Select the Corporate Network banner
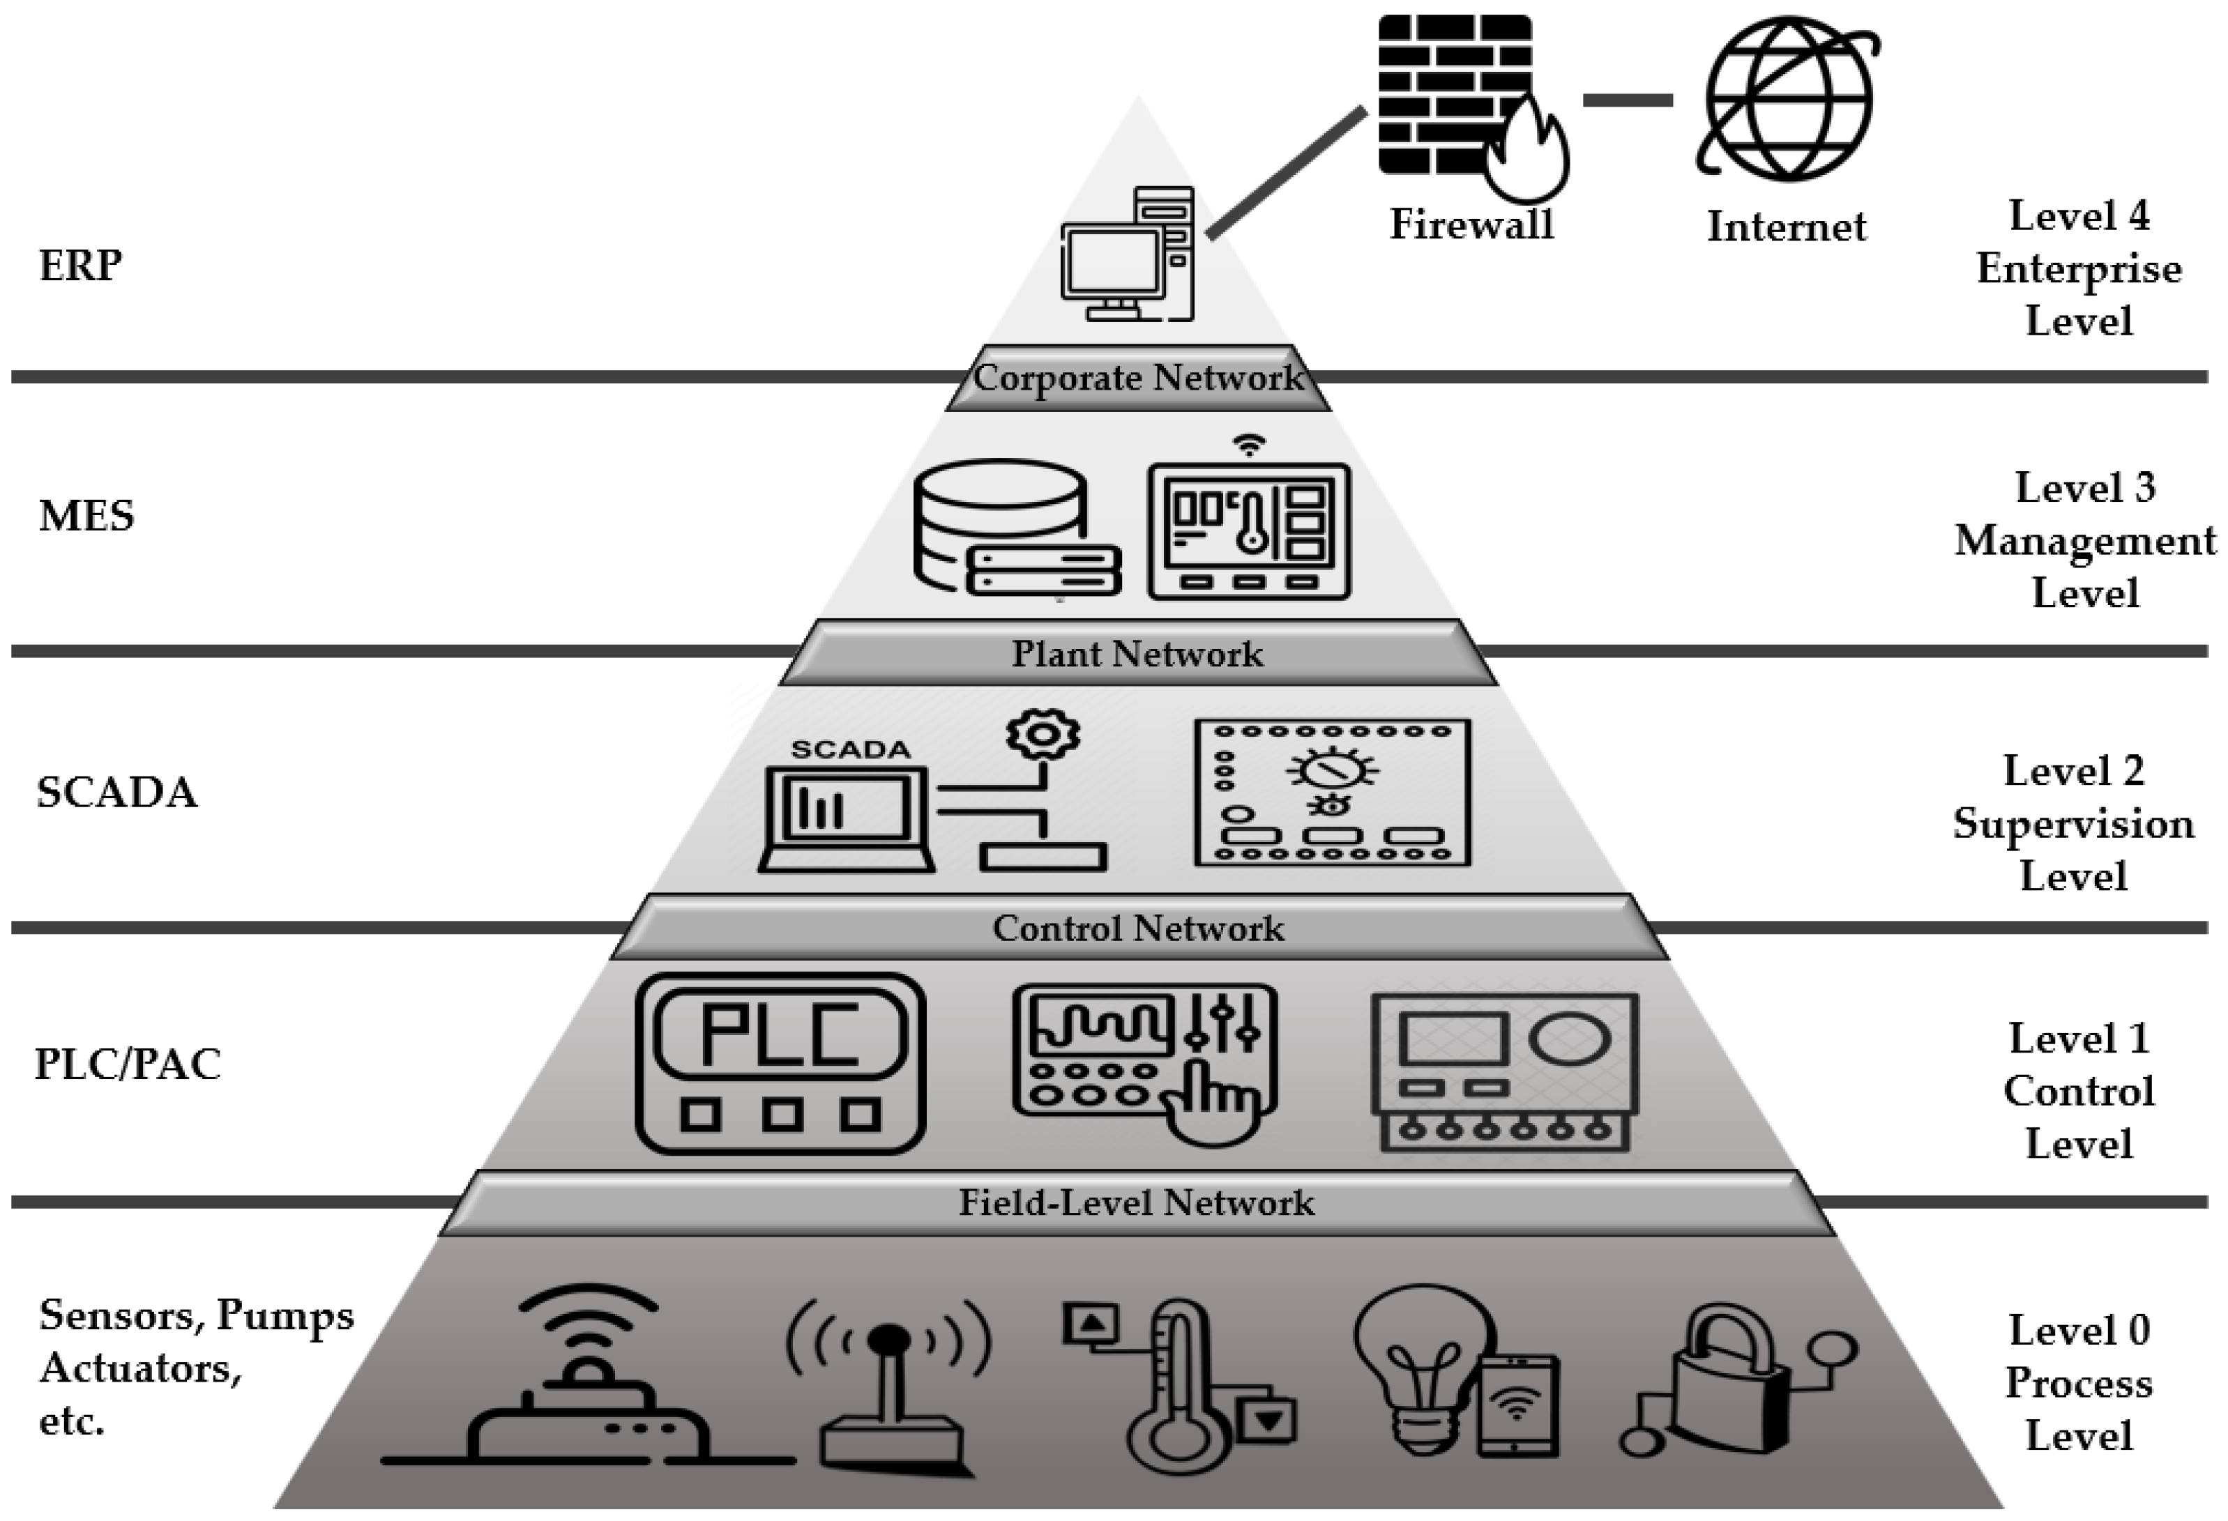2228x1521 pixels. click(1138, 379)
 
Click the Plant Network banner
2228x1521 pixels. click(1138, 654)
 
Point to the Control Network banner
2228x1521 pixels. click(1138, 928)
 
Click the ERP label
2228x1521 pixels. click(80, 266)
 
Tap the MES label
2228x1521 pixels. click(86, 516)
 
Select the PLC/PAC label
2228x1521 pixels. click(128, 1064)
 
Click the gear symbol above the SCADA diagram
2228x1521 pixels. click(1043, 735)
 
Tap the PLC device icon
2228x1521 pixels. click(780, 1064)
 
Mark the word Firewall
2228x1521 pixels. click(1471, 224)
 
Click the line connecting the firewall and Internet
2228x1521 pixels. click(1628, 100)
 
